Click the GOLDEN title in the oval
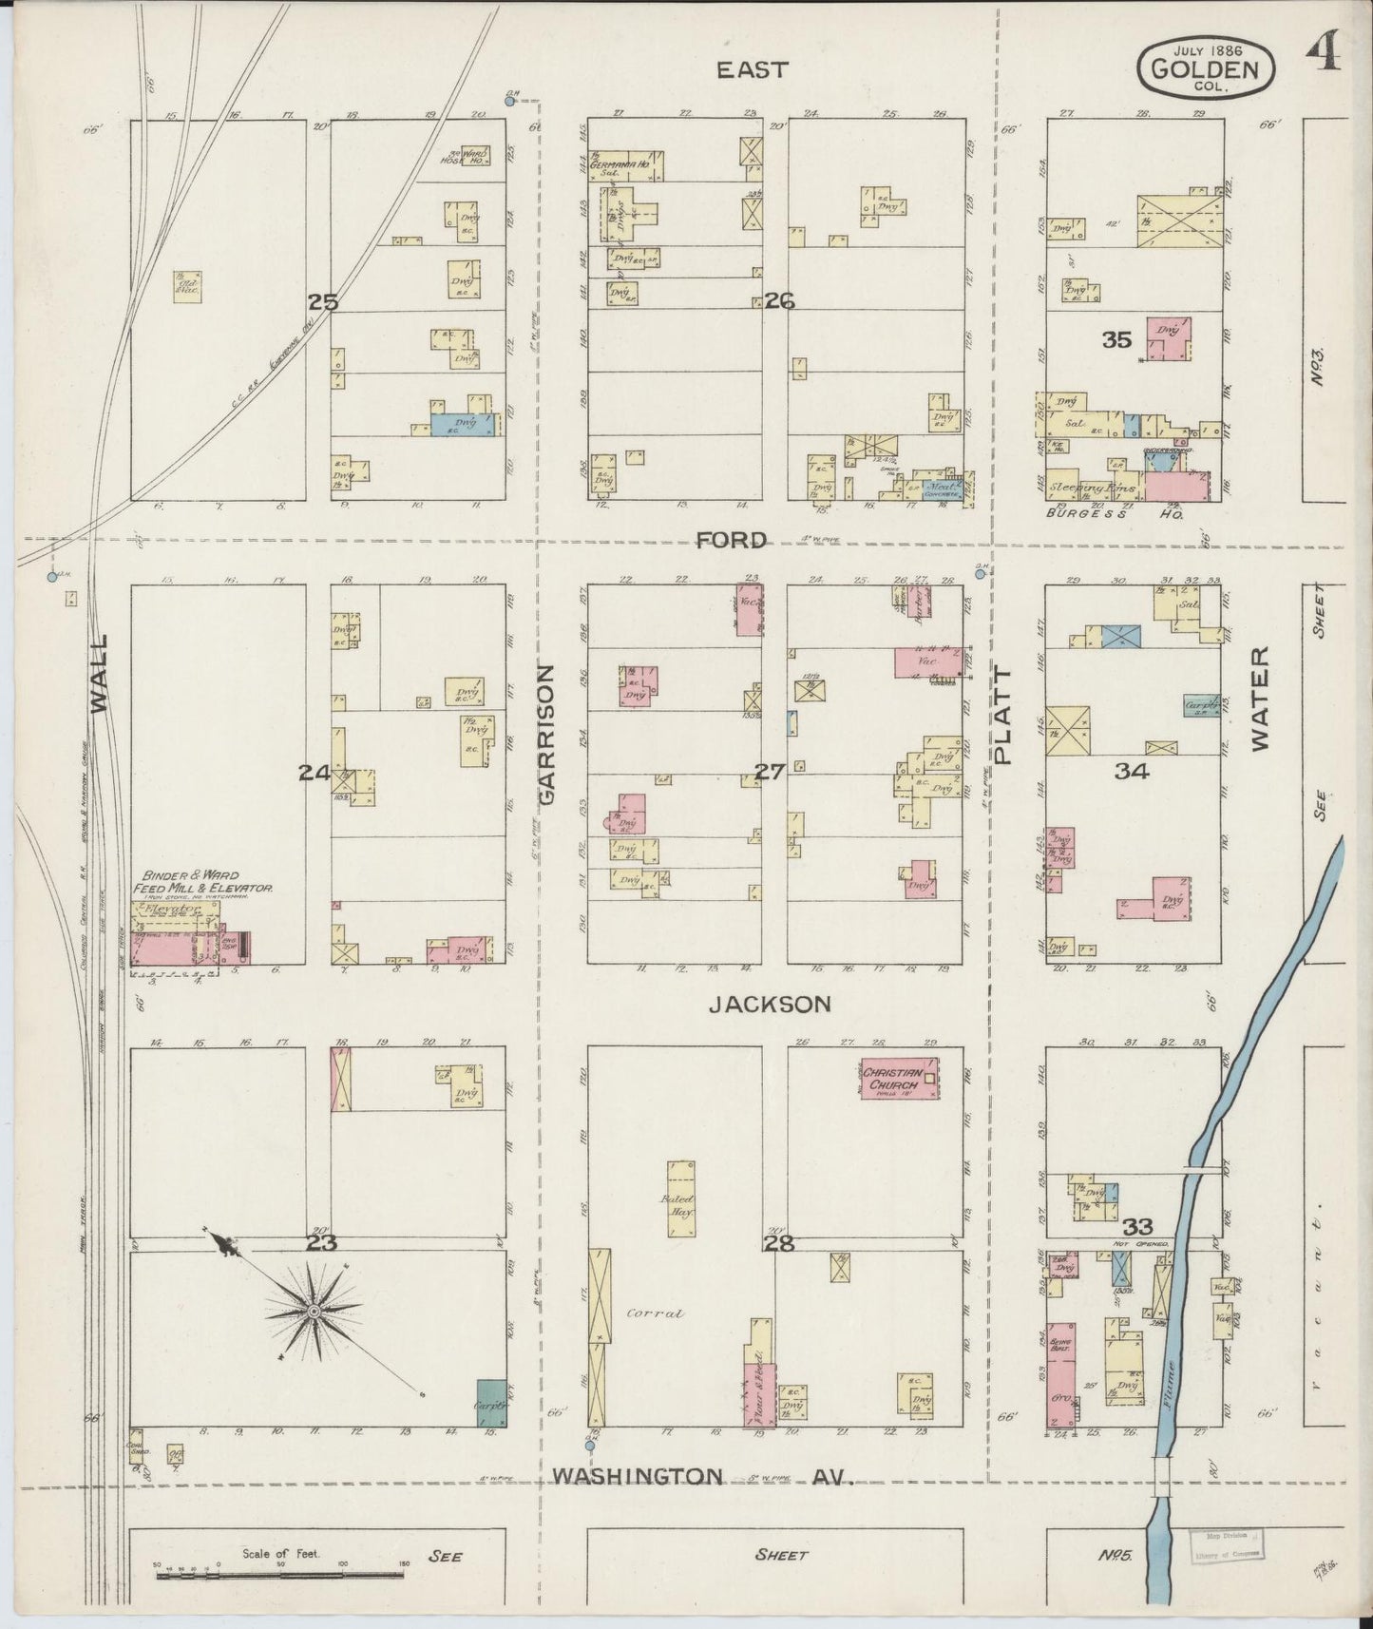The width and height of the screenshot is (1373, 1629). click(x=1206, y=68)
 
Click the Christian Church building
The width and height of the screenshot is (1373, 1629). click(x=898, y=1079)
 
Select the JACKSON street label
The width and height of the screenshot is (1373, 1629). click(x=770, y=1004)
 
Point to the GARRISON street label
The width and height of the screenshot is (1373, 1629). click(x=547, y=735)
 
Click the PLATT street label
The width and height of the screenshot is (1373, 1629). click(x=1004, y=715)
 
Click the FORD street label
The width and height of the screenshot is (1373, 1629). click(x=731, y=540)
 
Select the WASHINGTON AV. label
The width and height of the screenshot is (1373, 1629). click(x=697, y=1503)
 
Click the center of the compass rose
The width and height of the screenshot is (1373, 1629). click(x=312, y=1312)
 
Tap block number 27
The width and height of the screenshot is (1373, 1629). click(x=770, y=772)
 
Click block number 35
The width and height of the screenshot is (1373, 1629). click(x=1118, y=338)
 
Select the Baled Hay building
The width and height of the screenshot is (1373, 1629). click(x=679, y=1198)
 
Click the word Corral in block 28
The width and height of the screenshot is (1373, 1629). click(x=656, y=1314)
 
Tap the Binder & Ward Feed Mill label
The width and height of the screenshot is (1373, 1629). click(x=207, y=880)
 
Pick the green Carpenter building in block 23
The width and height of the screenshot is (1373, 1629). click(x=490, y=1402)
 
